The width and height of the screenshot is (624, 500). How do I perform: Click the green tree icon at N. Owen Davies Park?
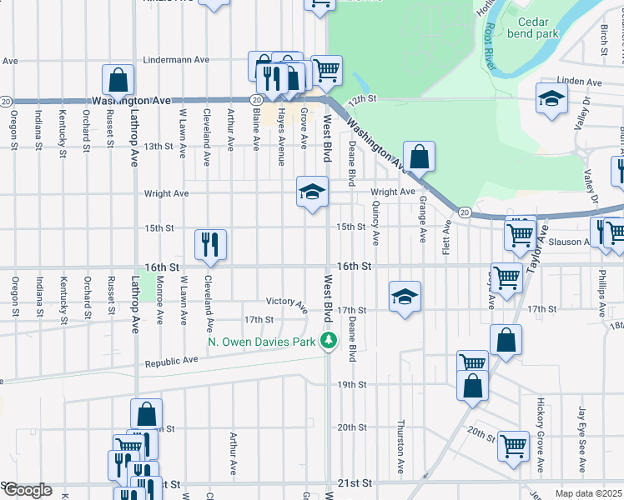click(x=330, y=340)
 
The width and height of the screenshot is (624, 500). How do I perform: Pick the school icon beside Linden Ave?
click(x=551, y=99)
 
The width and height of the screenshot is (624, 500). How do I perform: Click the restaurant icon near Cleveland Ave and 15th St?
click(x=210, y=243)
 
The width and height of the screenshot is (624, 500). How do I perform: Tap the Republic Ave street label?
click(x=171, y=361)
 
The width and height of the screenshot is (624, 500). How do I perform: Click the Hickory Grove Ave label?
click(x=541, y=433)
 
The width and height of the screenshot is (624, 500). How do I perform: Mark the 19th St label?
click(x=351, y=384)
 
